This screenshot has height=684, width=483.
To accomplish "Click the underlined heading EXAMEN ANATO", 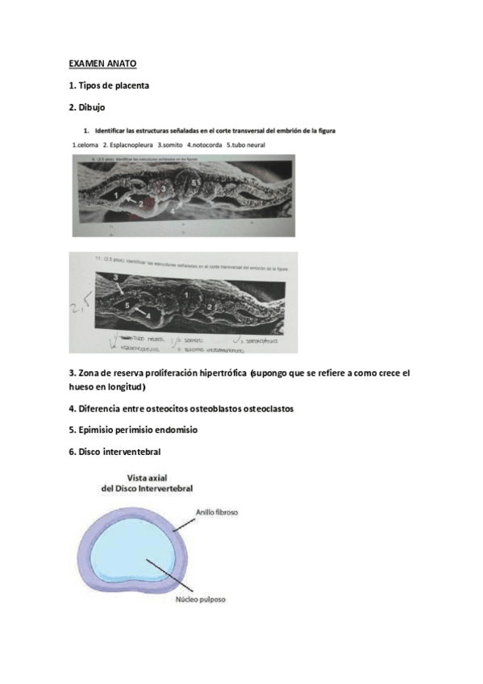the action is click(102, 61).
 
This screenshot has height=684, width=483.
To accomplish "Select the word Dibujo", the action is click(93, 107).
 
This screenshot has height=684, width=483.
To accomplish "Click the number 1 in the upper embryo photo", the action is click(115, 194).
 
